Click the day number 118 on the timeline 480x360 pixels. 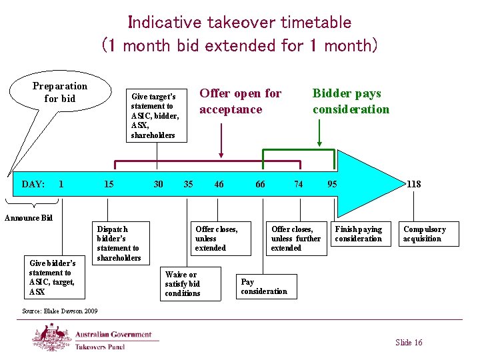point(413,184)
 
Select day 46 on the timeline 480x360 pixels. point(219,184)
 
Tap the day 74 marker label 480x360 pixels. point(299,184)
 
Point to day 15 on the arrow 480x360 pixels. point(109,184)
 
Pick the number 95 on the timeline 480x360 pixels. point(331,184)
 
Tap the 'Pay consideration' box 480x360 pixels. point(265,287)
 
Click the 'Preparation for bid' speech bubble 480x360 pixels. point(60,93)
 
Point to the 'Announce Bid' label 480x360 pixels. point(29,218)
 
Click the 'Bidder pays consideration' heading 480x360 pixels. point(351,101)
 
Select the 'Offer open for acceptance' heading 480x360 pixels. point(241,101)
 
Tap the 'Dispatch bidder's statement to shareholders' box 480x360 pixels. point(119,243)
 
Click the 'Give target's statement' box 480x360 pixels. point(157,116)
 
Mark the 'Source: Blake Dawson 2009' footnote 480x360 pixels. point(60,311)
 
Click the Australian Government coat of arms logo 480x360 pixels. point(52,337)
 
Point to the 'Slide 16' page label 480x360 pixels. point(408,343)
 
